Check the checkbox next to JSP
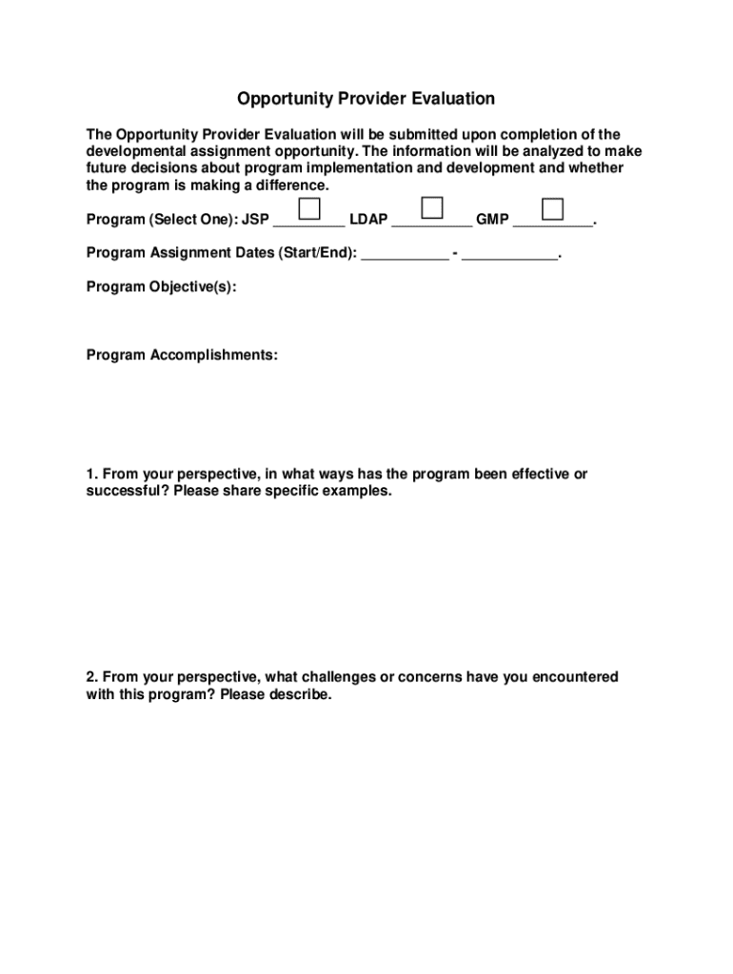click(x=309, y=208)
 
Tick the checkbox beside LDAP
click(x=432, y=208)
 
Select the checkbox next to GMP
click(x=552, y=208)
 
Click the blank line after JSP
click(x=308, y=226)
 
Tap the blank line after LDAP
click(x=432, y=226)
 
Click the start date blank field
click(x=406, y=259)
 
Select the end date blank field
click(x=510, y=259)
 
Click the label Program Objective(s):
click(x=161, y=286)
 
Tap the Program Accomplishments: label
click(x=182, y=355)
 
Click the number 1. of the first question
click(x=91, y=474)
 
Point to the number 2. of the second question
click(x=91, y=677)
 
